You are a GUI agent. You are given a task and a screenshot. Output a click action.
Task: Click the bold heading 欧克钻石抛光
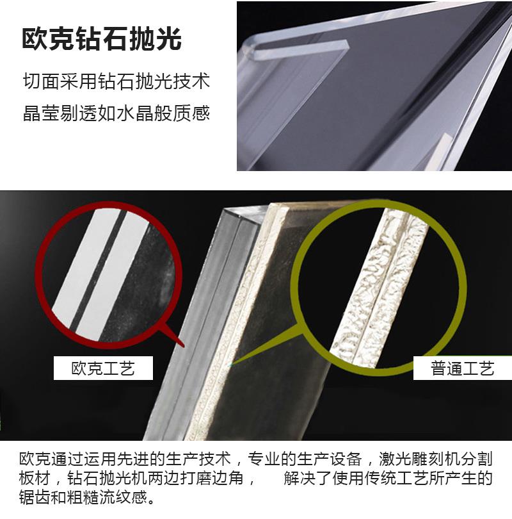[102, 38]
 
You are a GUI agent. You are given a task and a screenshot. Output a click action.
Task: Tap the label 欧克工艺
[103, 368]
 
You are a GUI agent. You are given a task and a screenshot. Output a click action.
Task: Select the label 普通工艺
[462, 368]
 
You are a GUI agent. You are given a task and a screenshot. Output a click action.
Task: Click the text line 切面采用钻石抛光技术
[116, 81]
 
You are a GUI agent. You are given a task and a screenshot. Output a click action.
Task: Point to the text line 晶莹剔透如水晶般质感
[116, 113]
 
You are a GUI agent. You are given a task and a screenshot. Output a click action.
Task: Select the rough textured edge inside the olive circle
[380, 288]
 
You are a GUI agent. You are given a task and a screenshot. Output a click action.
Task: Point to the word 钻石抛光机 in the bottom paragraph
[108, 478]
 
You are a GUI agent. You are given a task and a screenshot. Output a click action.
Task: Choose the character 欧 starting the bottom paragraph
[27, 459]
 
